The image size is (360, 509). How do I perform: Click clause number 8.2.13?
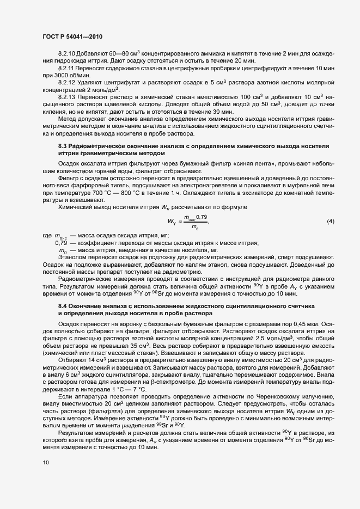pyautogui.click(x=68, y=96)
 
